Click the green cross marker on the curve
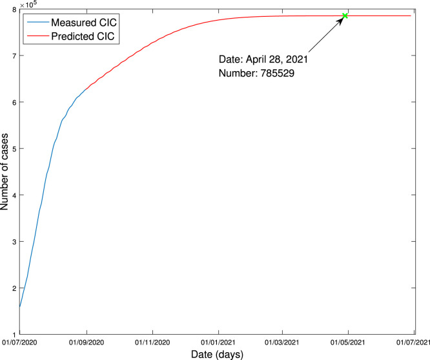[345, 16]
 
